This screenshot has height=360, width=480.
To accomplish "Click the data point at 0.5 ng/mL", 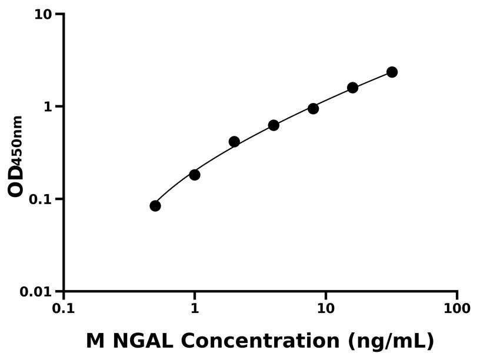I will click(x=155, y=205).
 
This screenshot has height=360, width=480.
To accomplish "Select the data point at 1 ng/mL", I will click(x=195, y=175).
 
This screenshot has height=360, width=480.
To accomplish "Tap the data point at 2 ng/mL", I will click(x=234, y=142).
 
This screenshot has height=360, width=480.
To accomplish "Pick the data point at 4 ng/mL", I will click(x=274, y=125).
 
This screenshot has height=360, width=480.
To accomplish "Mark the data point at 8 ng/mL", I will click(x=313, y=108).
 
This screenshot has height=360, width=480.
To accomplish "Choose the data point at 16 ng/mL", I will click(x=352, y=88).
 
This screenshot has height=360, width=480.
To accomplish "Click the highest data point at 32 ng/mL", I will click(x=392, y=72).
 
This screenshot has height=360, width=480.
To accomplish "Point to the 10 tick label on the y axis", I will click(x=43, y=14).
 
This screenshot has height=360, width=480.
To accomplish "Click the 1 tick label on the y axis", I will click(x=48, y=106).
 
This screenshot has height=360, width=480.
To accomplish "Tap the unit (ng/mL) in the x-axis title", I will click(x=391, y=342).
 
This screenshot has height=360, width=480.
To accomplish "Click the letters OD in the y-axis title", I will click(x=16, y=179).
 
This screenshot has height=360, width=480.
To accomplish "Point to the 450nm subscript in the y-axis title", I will click(x=18, y=138).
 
